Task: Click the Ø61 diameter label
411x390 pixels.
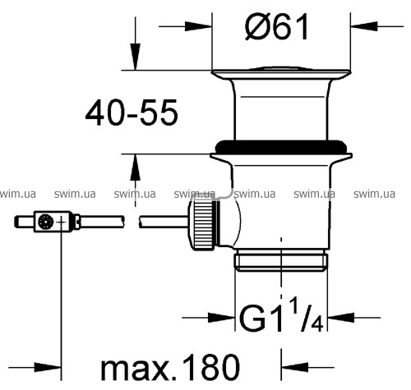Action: pos(277,27)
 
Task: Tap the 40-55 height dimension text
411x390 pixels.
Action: pos(132,112)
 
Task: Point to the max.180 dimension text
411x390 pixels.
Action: pos(170,367)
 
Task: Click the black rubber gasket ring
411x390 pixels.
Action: pos(281,147)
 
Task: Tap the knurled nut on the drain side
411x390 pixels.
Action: pos(202,224)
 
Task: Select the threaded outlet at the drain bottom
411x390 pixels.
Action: pos(281,260)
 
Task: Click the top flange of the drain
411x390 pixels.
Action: pos(281,73)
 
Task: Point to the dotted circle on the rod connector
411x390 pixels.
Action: pos(45,222)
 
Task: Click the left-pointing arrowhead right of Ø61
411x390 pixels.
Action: pos(364,26)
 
